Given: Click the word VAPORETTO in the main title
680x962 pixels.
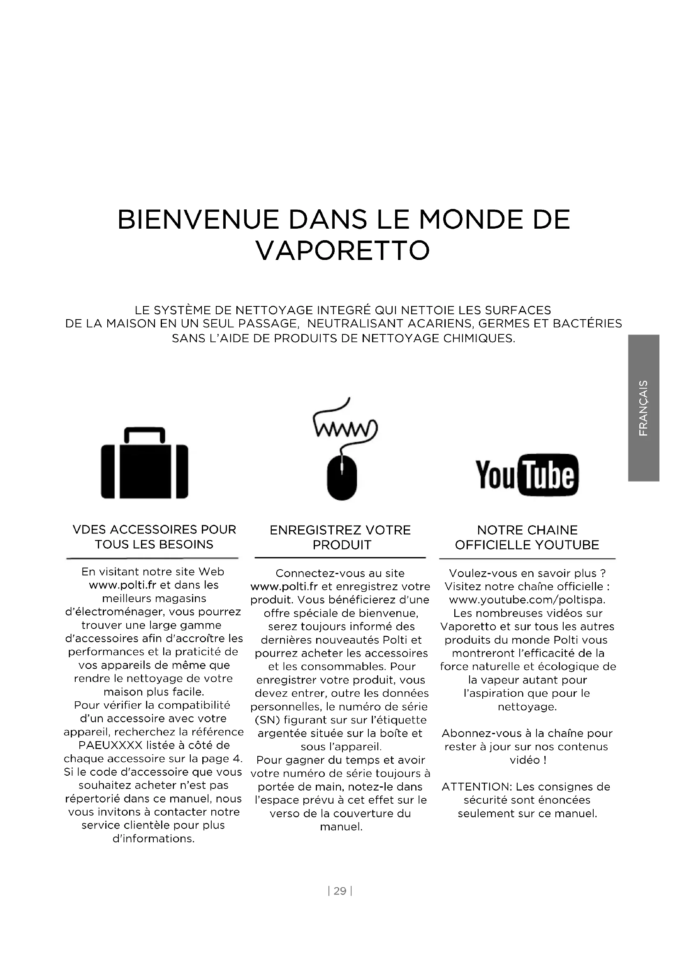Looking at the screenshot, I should click(342, 250).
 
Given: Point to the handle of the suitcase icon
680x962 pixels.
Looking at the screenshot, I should click(144, 434).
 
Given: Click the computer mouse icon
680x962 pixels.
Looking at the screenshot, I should click(342, 478).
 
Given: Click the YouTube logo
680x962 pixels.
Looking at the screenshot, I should click(527, 475).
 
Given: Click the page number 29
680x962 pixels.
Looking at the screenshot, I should click(340, 891).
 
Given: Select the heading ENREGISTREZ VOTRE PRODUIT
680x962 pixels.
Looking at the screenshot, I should click(340, 537).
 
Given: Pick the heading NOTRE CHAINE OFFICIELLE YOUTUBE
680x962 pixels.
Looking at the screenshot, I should click(527, 537).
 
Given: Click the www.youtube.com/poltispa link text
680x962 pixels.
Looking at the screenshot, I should click(527, 600).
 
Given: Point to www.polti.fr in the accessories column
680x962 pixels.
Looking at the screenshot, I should click(122, 585).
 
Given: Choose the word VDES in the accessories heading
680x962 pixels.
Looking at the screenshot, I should click(90, 530).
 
